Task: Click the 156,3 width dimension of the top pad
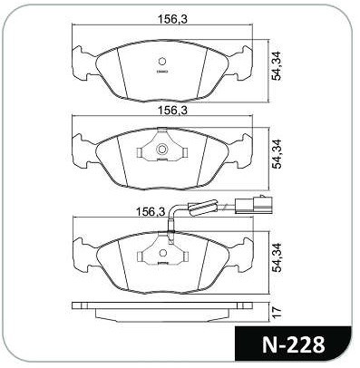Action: click(x=172, y=19)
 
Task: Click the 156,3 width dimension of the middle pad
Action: click(x=172, y=111)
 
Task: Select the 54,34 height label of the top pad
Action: click(x=277, y=66)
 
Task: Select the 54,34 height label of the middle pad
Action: click(x=277, y=154)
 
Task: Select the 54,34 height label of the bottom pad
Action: click(x=277, y=257)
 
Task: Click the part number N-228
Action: click(x=293, y=344)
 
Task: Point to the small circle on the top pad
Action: click(x=162, y=62)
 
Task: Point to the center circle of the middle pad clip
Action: click(x=162, y=149)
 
